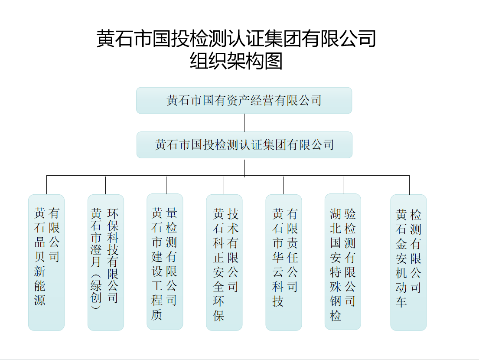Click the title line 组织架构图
click(x=236, y=61)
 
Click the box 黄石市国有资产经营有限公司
click(x=244, y=101)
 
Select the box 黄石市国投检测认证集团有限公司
click(x=244, y=145)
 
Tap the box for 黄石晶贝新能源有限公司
click(x=46, y=262)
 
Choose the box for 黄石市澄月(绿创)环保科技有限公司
click(x=106, y=262)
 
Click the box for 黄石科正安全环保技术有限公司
click(x=224, y=262)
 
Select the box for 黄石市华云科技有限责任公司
click(x=283, y=262)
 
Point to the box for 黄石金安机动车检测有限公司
click(x=408, y=262)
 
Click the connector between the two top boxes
click(x=244, y=123)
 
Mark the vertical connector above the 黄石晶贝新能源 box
click(x=46, y=185)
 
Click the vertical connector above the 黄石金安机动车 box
click(x=409, y=185)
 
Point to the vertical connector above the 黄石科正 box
click(x=224, y=185)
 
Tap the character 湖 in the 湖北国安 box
click(x=336, y=213)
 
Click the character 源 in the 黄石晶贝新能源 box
click(x=40, y=300)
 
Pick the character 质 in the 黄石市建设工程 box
click(x=157, y=314)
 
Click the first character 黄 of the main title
click(x=105, y=39)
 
